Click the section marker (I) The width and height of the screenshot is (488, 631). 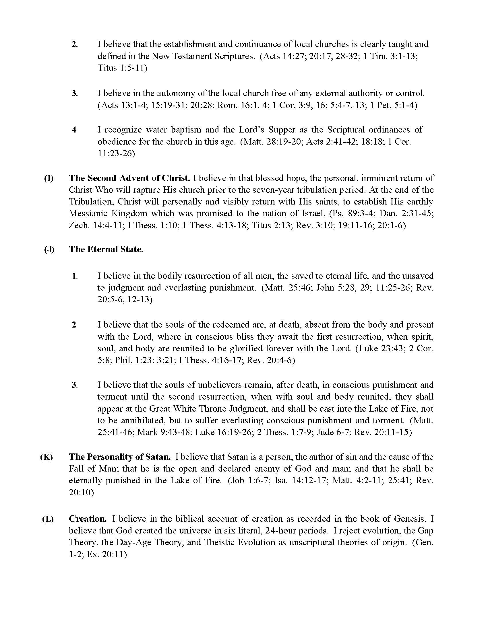pos(49,178)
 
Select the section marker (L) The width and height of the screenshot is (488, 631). pos(48,519)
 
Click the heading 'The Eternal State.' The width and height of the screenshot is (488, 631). pos(106,249)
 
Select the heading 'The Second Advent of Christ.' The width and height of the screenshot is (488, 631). pos(129,178)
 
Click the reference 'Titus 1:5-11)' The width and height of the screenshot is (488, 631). pos(122,68)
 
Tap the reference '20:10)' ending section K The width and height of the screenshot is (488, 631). pos(81,492)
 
